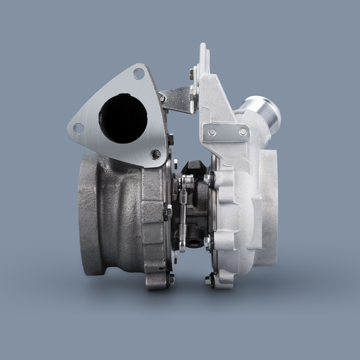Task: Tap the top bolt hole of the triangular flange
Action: tap(139, 74)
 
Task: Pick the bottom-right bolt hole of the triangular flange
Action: tap(156, 154)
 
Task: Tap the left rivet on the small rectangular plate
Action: tap(212, 132)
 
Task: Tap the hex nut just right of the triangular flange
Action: tap(171, 139)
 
